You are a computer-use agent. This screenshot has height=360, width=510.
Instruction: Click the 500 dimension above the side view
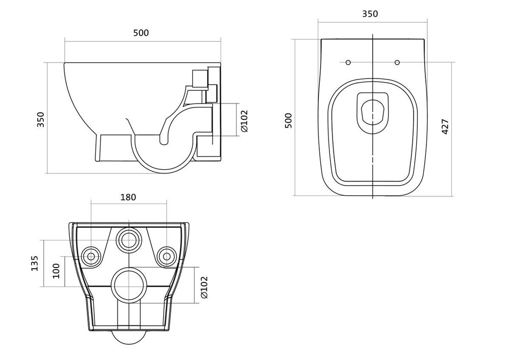click(x=141, y=33)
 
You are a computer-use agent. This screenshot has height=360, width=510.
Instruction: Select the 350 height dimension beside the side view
click(x=42, y=119)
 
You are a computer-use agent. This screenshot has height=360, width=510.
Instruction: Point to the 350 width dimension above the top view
click(x=370, y=14)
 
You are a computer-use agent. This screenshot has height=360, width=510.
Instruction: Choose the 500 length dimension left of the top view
click(x=289, y=120)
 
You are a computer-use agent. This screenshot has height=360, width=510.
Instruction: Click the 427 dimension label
click(x=445, y=126)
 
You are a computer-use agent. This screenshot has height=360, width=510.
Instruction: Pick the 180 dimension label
click(x=128, y=197)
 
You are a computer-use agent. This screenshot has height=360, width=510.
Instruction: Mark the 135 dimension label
click(x=35, y=263)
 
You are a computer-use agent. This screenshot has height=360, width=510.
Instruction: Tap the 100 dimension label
click(x=56, y=270)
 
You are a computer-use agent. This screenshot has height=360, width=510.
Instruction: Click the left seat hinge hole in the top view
click(x=348, y=63)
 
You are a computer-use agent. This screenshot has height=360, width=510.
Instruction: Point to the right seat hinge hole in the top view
click(x=397, y=63)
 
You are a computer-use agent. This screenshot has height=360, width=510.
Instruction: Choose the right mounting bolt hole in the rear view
click(x=165, y=256)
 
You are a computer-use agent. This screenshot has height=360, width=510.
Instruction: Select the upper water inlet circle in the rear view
click(x=128, y=240)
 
